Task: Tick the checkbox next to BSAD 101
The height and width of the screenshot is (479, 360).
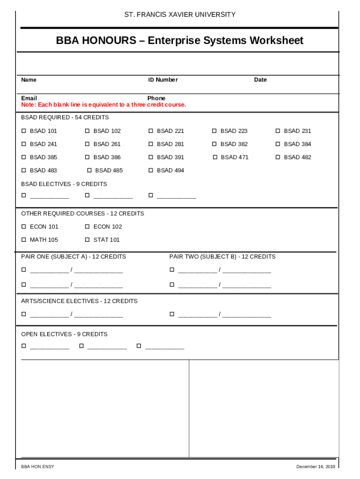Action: (x=24, y=131)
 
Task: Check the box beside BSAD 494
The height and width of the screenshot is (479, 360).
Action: (x=151, y=170)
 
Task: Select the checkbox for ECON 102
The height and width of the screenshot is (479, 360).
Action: (x=87, y=226)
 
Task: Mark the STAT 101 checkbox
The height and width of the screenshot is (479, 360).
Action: (x=87, y=239)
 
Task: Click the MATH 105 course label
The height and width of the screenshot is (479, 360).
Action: (x=44, y=239)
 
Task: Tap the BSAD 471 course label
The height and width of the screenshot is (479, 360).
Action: (x=235, y=157)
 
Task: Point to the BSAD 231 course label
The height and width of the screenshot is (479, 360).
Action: (x=297, y=131)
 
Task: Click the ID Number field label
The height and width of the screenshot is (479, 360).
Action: (x=163, y=80)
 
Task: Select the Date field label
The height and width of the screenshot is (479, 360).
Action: (x=260, y=80)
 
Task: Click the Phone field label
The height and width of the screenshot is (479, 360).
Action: (x=156, y=98)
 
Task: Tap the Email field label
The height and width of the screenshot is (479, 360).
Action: (x=29, y=98)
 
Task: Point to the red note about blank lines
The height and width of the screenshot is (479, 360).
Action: (x=103, y=104)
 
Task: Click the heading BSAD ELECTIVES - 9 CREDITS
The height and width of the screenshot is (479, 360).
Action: (x=64, y=184)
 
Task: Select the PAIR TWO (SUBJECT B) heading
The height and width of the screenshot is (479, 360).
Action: (x=222, y=256)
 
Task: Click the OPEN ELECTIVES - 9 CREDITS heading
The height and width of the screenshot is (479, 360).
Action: (x=64, y=334)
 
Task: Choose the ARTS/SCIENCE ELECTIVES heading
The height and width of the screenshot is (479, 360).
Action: (x=79, y=301)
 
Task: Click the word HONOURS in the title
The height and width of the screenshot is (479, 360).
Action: (x=110, y=41)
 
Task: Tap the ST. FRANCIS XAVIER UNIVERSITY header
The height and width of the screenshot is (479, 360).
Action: (x=180, y=15)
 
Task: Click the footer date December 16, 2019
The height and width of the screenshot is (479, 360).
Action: (x=316, y=467)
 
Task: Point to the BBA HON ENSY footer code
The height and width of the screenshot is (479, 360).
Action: (x=37, y=467)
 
